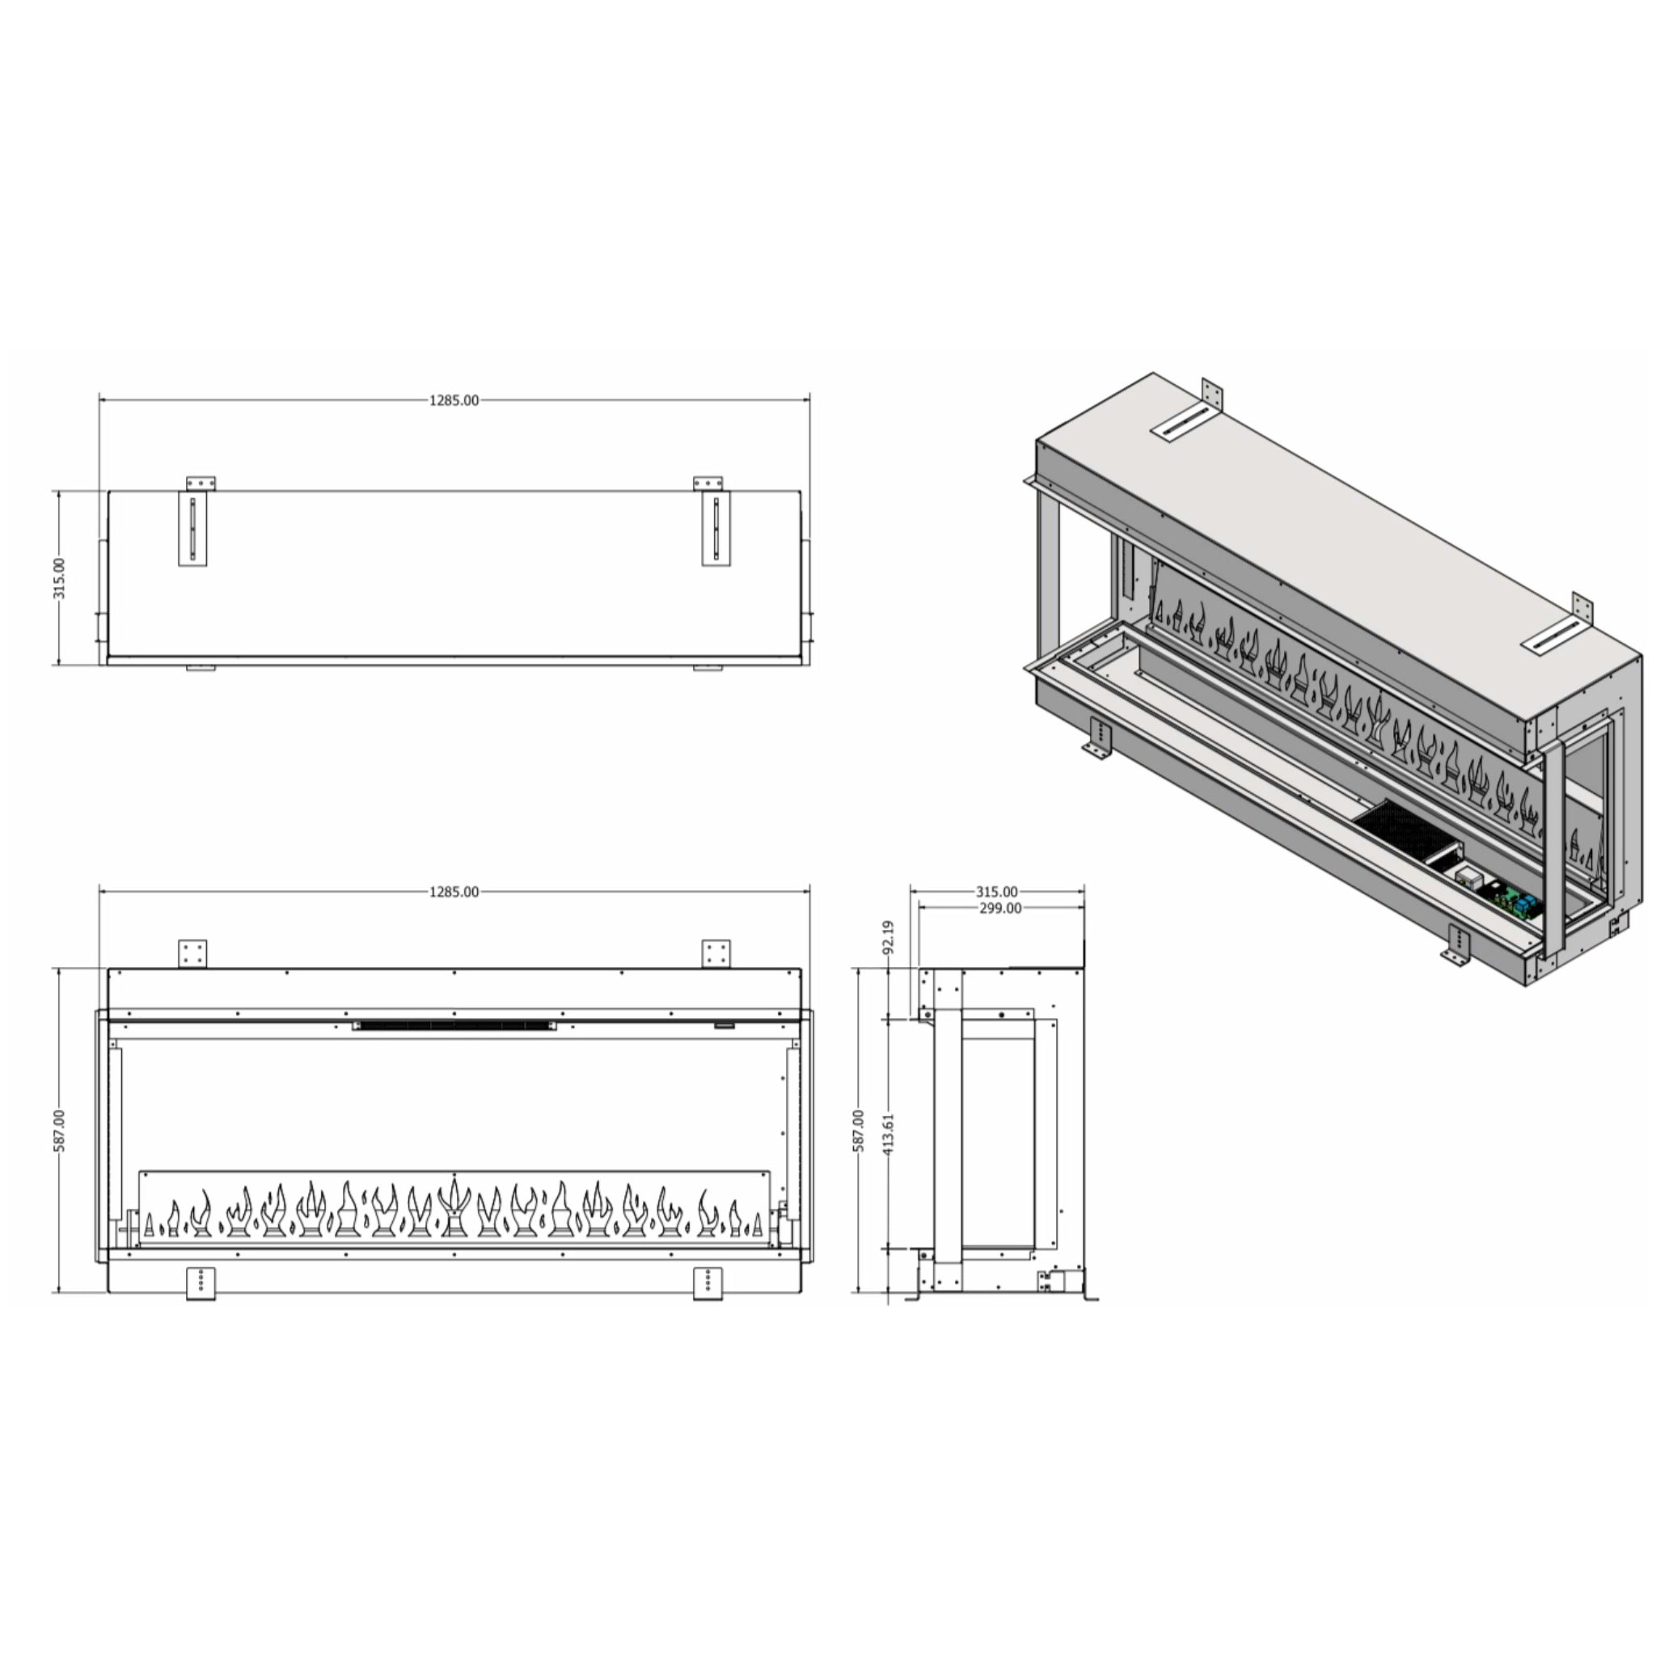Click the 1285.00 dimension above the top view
pos(454,400)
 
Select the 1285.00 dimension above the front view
pos(454,891)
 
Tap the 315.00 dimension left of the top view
pos(58,577)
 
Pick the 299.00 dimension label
pos(1000,908)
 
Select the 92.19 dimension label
pos(888,937)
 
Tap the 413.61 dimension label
pos(888,1133)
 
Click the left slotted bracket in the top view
pos(193,528)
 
